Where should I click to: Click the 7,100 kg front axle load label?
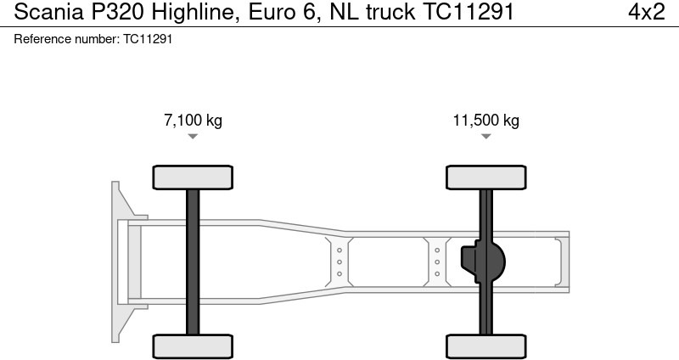coord(193,121)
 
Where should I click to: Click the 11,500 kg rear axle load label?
coord(485,121)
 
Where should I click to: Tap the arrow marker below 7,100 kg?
coord(193,137)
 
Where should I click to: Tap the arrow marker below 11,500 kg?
coord(485,137)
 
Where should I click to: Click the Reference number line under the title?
coord(93,39)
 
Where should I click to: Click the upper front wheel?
coord(193,177)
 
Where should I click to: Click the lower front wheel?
coord(193,346)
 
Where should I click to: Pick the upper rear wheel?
coord(485,177)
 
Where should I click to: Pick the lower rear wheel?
coord(485,346)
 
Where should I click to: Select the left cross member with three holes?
coord(339,262)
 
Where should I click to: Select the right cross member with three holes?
coord(436,262)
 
